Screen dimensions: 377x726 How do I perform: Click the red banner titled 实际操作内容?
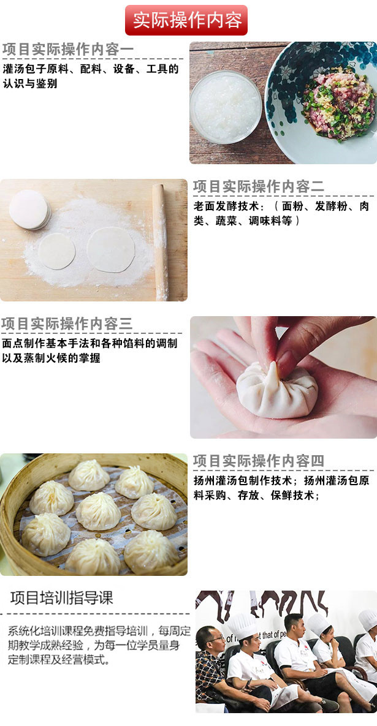[186, 20]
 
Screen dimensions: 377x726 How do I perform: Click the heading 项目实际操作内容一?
[67, 50]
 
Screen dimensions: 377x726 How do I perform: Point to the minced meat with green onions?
[338, 104]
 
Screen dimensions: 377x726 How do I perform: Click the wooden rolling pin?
[160, 241]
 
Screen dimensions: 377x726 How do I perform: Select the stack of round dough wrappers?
[29, 210]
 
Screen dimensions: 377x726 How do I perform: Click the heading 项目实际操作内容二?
[259, 187]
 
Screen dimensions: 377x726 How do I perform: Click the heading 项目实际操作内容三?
[67, 323]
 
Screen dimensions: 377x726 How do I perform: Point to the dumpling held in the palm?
[276, 390]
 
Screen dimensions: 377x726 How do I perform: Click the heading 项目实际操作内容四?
[259, 461]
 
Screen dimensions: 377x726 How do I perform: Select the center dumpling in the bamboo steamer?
[98, 511]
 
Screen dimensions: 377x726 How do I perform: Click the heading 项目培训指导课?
[61, 598]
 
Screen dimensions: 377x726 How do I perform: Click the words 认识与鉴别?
[30, 84]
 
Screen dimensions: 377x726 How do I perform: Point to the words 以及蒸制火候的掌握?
[51, 358]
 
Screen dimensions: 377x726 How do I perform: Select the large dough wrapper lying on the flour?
[111, 249]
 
